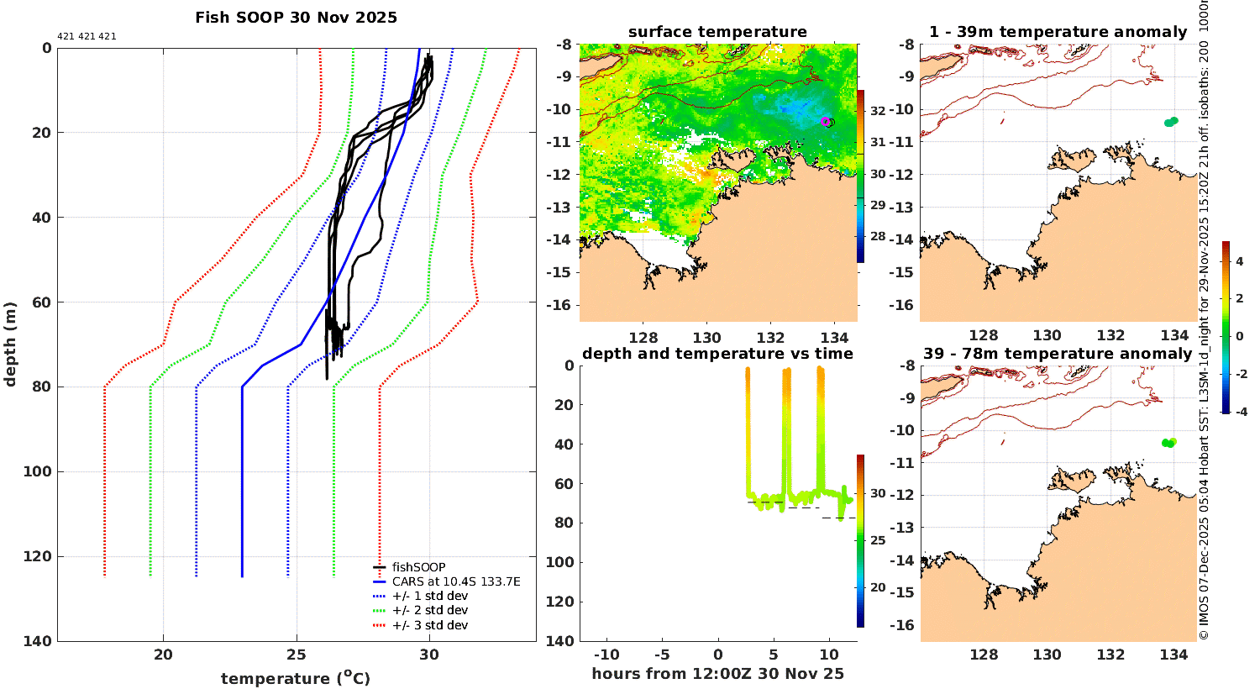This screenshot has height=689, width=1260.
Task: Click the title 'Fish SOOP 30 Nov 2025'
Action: (x=296, y=18)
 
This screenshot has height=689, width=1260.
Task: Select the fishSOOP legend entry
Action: (x=418, y=567)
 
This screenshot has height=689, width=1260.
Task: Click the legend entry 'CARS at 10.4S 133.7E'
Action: (x=456, y=581)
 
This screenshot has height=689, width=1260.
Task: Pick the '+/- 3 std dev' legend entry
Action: (x=429, y=625)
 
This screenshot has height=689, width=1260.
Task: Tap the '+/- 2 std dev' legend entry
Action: (x=429, y=610)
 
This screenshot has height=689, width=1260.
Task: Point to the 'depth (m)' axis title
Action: (x=11, y=344)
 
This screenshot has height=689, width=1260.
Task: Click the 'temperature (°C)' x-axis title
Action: (x=296, y=678)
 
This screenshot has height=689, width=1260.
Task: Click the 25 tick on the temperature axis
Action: (x=296, y=655)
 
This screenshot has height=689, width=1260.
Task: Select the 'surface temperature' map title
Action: (x=717, y=32)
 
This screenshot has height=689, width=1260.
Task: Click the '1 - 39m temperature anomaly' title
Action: (x=1058, y=32)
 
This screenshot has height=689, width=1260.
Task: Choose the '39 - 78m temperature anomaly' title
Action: (x=1058, y=354)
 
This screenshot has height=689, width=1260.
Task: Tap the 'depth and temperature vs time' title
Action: (x=717, y=354)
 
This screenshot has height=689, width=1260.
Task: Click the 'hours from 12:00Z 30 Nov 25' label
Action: (x=717, y=674)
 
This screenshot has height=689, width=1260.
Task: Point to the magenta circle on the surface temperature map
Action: (x=826, y=122)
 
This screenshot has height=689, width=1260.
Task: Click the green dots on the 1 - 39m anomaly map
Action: (x=1171, y=122)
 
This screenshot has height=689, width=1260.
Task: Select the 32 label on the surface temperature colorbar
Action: (x=878, y=111)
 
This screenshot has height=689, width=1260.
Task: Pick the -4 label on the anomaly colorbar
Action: (x=1240, y=412)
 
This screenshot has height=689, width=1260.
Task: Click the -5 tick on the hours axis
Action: (x=661, y=655)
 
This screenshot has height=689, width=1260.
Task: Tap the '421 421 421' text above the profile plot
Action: (x=87, y=37)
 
